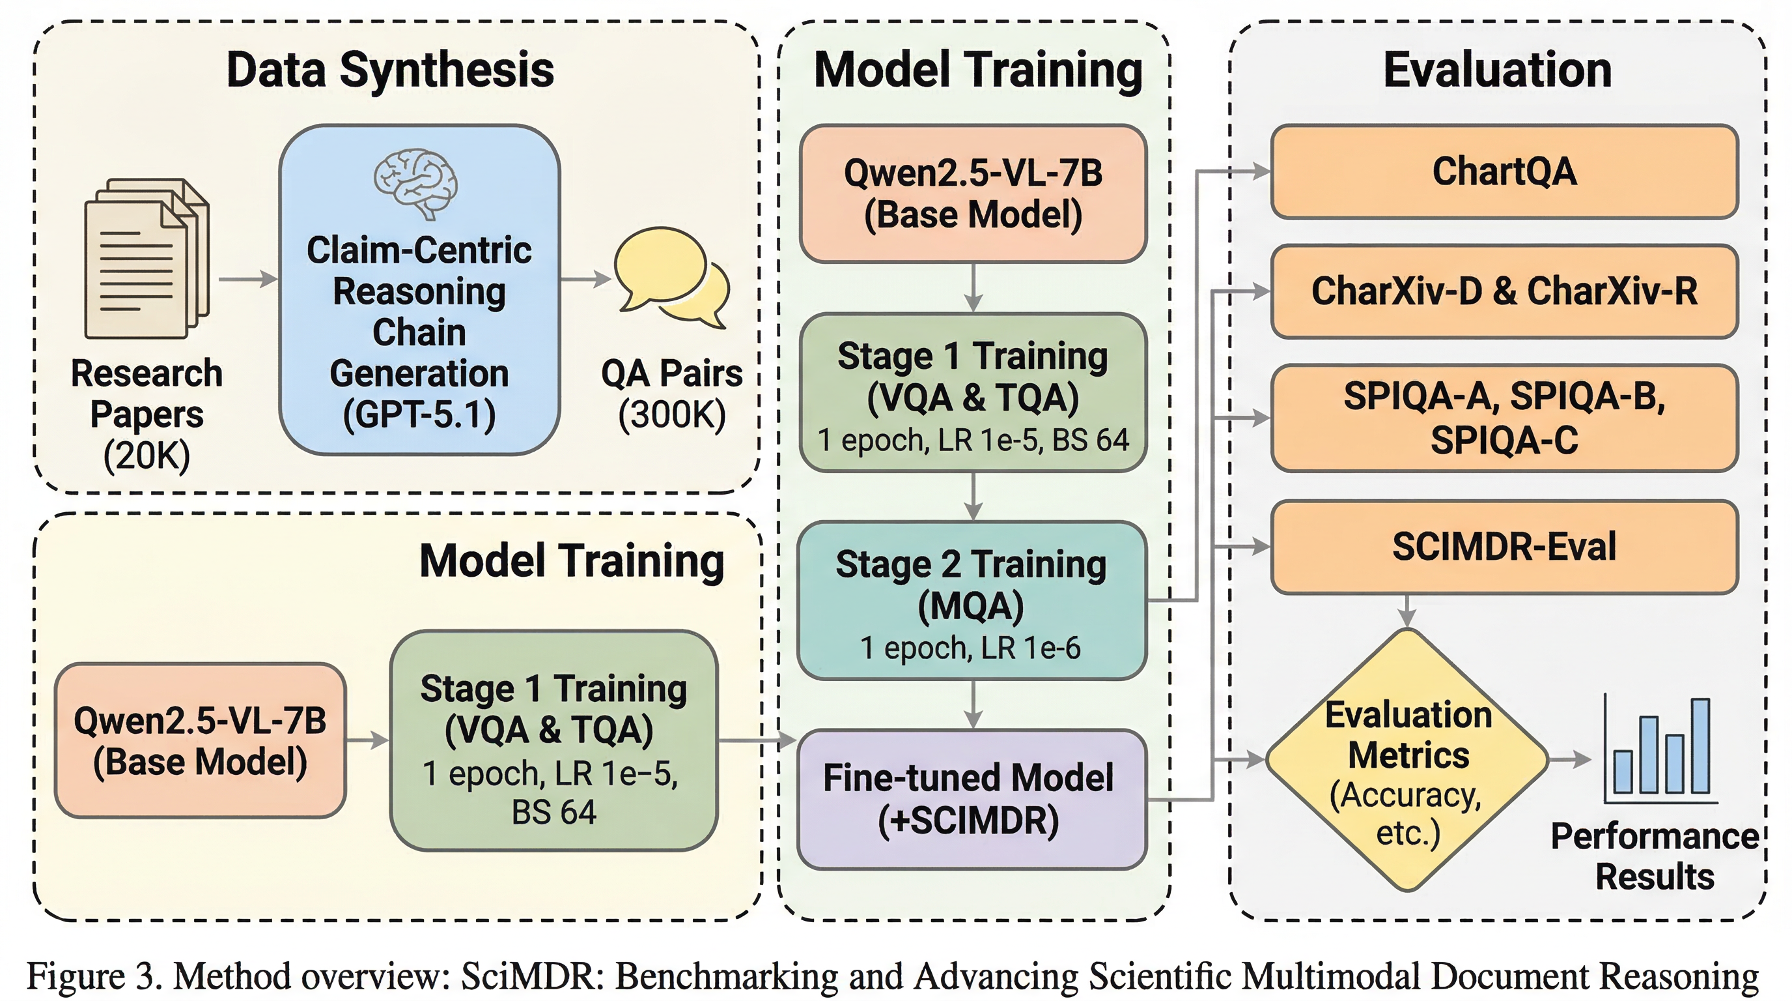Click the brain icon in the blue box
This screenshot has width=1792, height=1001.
(x=415, y=183)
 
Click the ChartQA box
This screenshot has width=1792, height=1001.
(x=1504, y=171)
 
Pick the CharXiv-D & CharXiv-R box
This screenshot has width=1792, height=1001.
(x=1504, y=291)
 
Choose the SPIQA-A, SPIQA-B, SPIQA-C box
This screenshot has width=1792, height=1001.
(x=1504, y=418)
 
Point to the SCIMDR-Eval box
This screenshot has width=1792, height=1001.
(x=1504, y=546)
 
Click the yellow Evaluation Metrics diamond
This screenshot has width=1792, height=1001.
(x=1407, y=759)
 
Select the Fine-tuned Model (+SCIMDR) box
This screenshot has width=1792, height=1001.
(x=971, y=799)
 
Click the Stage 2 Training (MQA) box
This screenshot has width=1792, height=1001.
(x=971, y=600)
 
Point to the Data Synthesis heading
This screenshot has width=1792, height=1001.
(x=390, y=70)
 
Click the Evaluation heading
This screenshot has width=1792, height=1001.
(x=1497, y=70)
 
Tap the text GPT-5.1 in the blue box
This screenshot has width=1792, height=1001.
(x=419, y=415)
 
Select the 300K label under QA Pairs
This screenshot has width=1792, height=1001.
(x=671, y=415)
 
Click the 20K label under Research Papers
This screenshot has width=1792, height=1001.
(x=147, y=456)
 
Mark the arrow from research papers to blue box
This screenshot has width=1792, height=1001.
(x=248, y=279)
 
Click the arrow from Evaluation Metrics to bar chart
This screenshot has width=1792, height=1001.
(x=1570, y=759)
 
